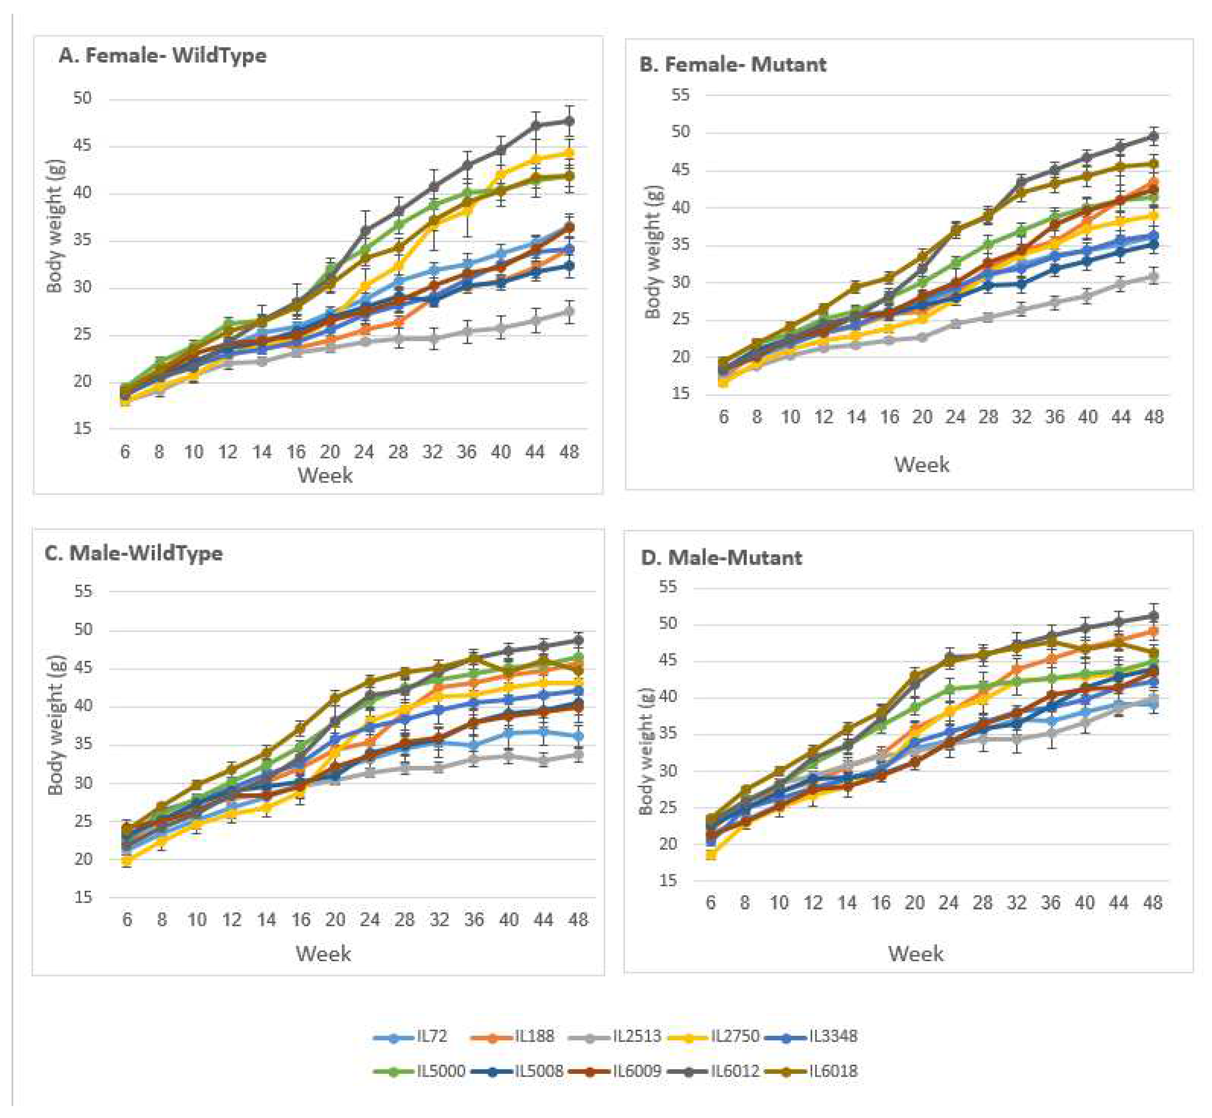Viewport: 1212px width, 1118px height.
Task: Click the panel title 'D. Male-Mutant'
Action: click(721, 557)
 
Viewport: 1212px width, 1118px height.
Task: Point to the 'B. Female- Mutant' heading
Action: click(733, 64)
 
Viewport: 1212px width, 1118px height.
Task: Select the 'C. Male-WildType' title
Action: click(134, 553)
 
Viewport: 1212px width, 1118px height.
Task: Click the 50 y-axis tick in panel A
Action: click(82, 98)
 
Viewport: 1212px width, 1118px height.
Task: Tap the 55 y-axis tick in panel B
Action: click(680, 95)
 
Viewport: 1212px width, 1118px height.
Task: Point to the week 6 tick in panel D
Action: click(710, 903)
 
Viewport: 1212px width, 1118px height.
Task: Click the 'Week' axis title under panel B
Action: click(922, 464)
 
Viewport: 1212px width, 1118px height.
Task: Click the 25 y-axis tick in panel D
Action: click(668, 808)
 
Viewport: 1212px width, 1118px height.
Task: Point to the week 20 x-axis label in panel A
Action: click(330, 452)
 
